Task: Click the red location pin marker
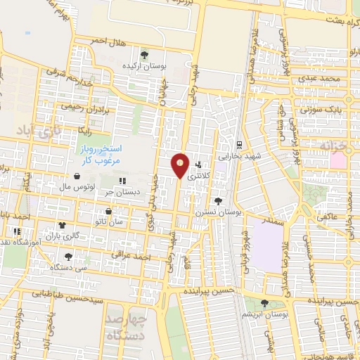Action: (180, 165)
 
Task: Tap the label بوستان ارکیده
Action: (144, 65)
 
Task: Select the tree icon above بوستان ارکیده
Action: (144, 54)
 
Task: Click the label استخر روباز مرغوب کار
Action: (98, 155)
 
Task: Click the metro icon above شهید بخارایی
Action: (240, 144)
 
